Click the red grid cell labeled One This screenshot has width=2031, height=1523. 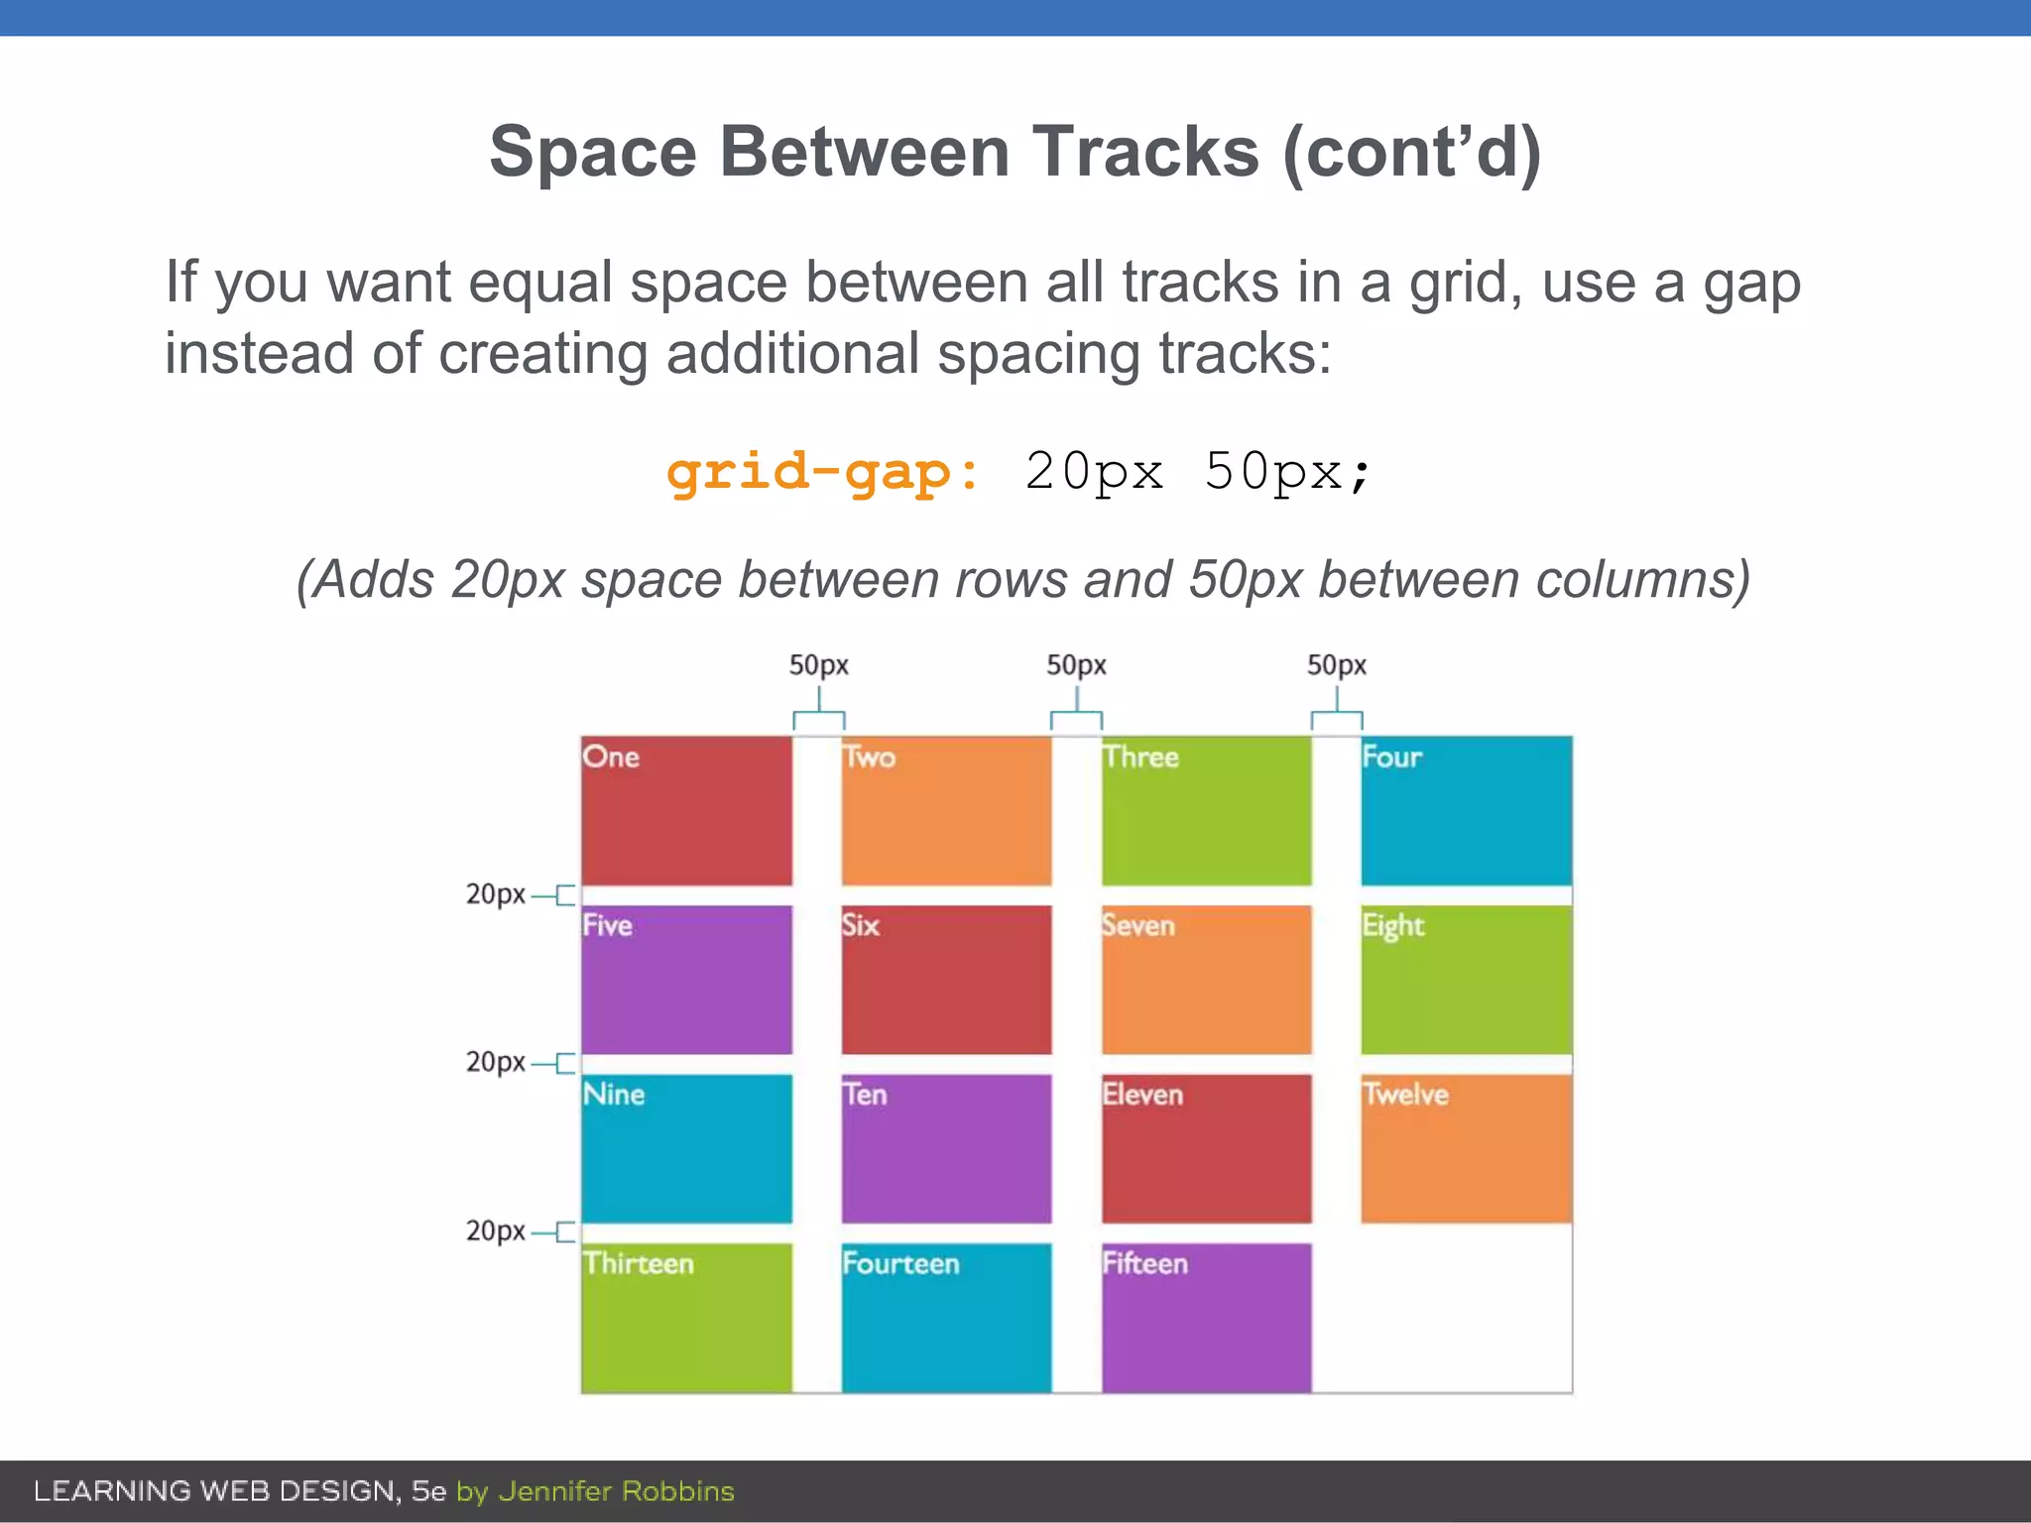(686, 810)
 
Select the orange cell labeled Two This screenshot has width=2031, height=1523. (946, 810)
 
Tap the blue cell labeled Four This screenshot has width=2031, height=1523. (1466, 810)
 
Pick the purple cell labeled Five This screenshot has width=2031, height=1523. (686, 979)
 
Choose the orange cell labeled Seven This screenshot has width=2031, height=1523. (1206, 979)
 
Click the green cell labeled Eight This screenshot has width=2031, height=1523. (1466, 979)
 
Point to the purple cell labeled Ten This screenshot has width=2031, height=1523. (946, 1148)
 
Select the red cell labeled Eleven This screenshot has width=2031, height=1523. (1206, 1148)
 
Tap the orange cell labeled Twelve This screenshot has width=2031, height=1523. (1466, 1148)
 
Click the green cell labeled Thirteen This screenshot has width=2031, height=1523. (686, 1317)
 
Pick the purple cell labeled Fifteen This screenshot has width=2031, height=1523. (1206, 1317)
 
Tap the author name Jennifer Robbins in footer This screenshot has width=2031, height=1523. (616, 1491)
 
